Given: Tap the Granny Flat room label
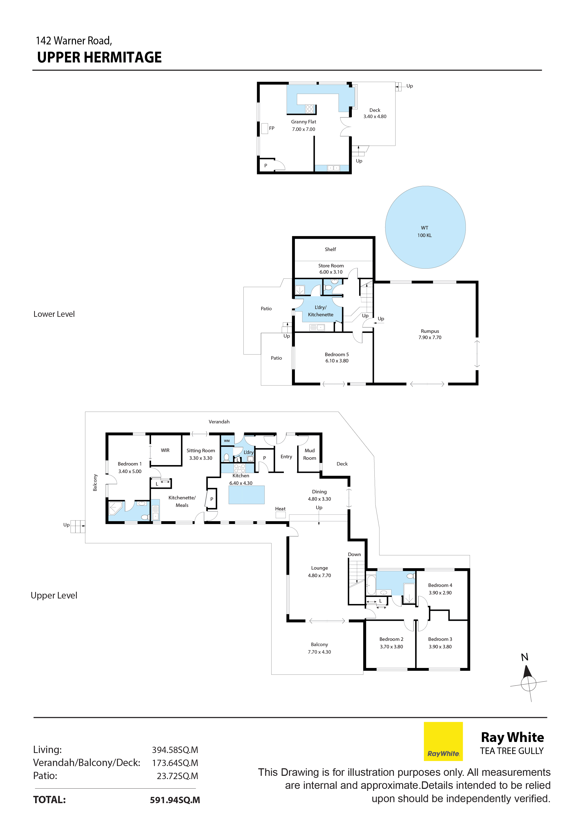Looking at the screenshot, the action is (x=303, y=125).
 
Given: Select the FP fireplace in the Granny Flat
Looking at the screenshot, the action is (x=264, y=128).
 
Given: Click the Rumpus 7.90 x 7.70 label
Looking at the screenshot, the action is (x=430, y=334).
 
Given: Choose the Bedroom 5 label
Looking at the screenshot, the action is (x=337, y=357).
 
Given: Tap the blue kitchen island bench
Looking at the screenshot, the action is (x=246, y=495).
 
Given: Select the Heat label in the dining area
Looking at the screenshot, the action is (x=280, y=509).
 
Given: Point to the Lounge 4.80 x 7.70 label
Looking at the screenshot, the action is (x=319, y=571).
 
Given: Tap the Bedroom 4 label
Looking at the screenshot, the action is (x=440, y=589).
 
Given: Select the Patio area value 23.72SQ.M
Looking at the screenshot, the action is (x=177, y=776).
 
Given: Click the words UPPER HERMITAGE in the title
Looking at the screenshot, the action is (x=99, y=57).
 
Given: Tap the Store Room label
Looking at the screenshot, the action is (x=331, y=269).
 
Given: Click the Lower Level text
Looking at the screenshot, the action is (x=54, y=314).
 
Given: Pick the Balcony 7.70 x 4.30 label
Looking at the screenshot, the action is (x=319, y=648).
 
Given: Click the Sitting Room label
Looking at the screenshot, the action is (x=201, y=454).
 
